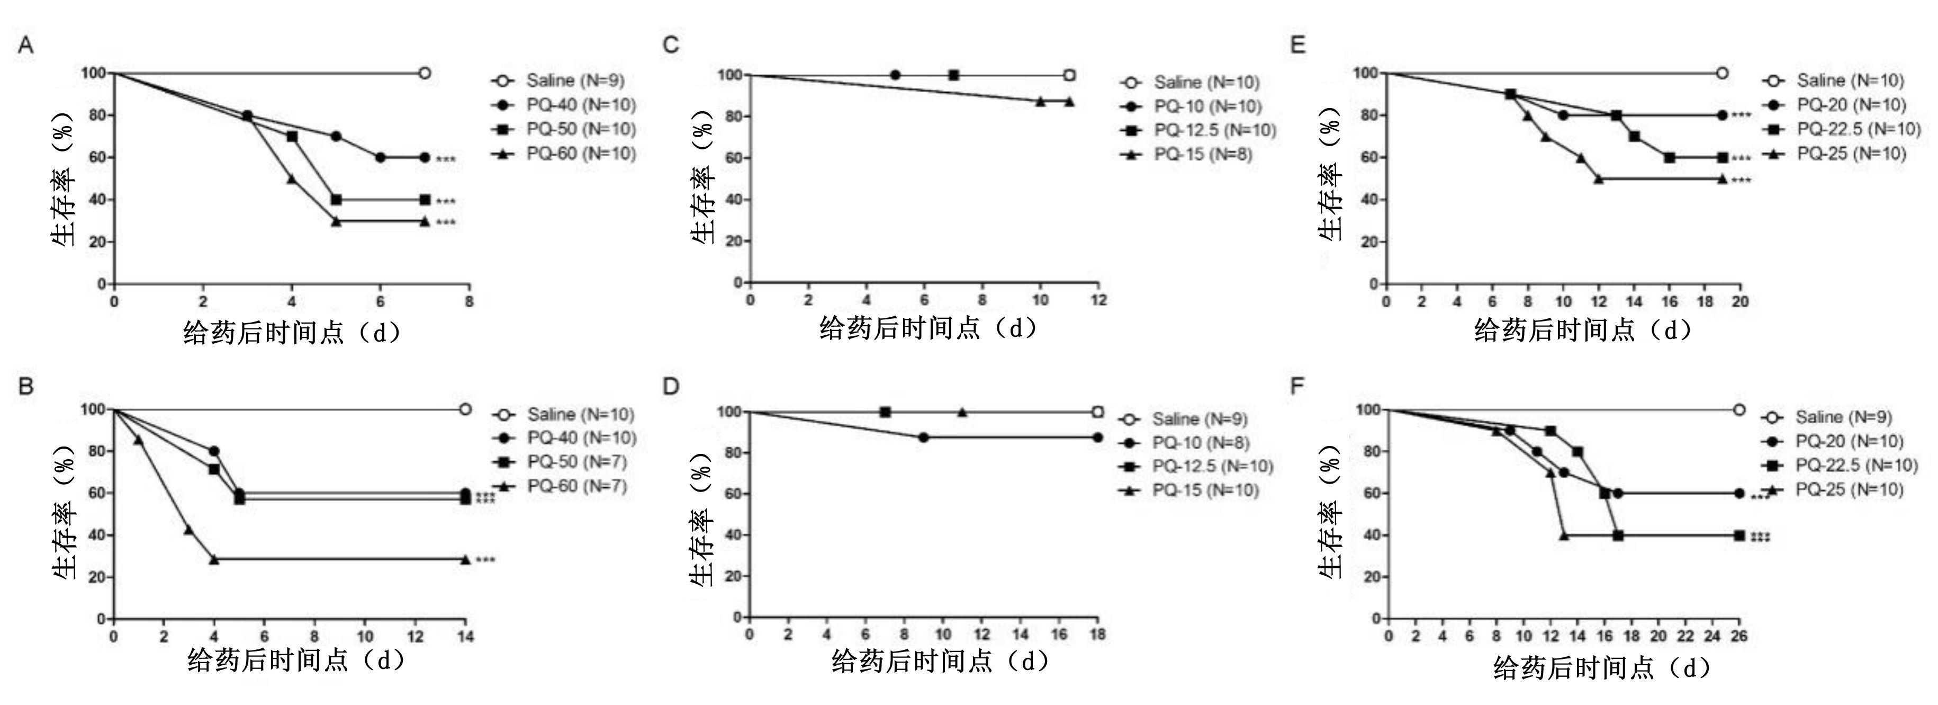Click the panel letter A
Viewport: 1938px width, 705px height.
pos(25,46)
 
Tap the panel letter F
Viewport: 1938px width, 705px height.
pos(1297,386)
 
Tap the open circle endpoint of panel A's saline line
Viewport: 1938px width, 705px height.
pos(425,73)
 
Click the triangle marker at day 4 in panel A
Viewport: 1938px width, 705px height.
pos(291,179)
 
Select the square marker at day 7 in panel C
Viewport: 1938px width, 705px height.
pos(953,75)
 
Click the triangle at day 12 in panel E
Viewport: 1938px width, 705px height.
pos(1599,179)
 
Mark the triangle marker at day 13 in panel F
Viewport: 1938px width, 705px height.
pos(1564,536)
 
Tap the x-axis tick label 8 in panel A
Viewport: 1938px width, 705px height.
pos(468,302)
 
